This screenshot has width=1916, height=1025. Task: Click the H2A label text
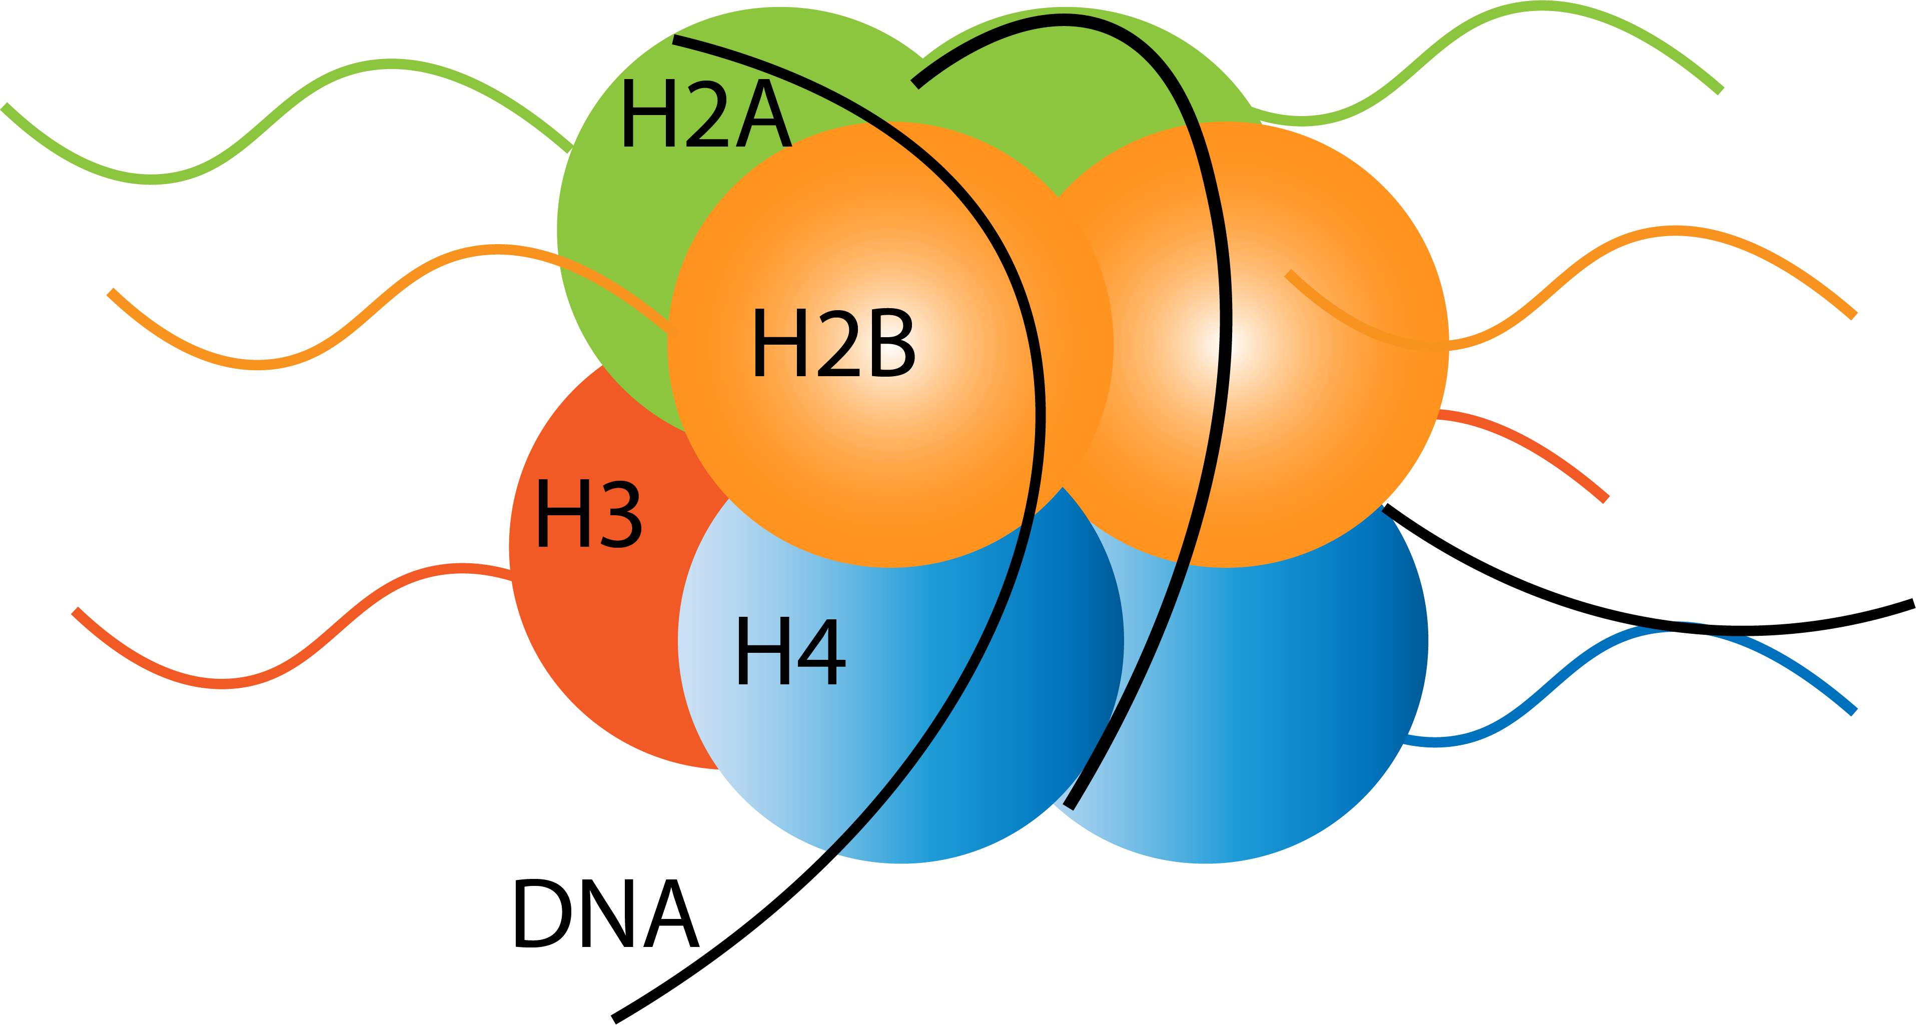click(x=705, y=114)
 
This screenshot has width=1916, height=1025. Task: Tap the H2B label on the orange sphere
click(x=833, y=344)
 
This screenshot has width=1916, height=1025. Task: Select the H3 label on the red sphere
click(x=588, y=513)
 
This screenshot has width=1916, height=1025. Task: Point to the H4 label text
click(x=790, y=652)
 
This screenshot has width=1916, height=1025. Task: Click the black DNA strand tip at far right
click(x=1908, y=604)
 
